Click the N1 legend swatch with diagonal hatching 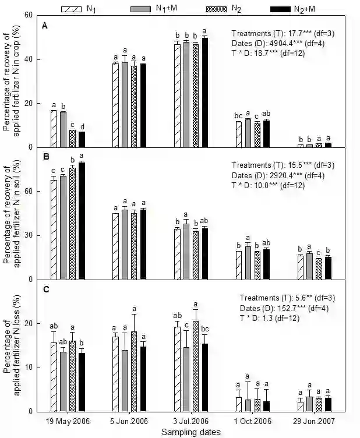tap(73, 9)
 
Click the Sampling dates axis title tap(191, 432)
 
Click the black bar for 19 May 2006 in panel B tap(82, 221)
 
